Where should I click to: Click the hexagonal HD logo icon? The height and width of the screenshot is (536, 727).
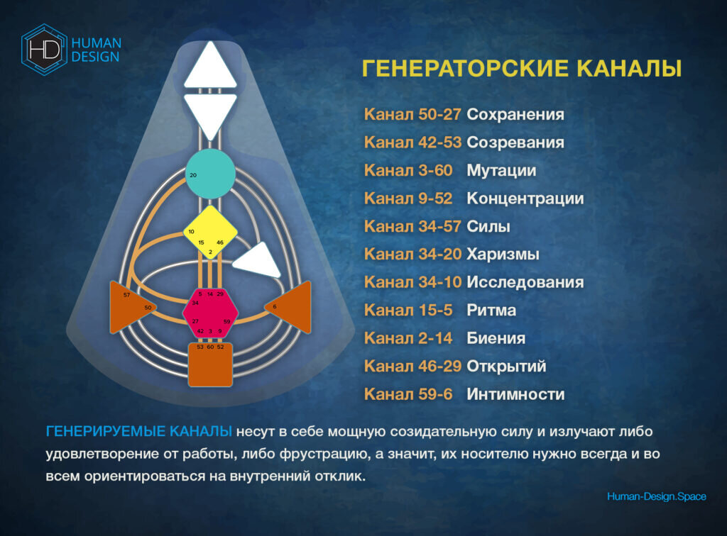pos(44,50)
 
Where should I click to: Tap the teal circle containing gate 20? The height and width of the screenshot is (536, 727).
pos(210,174)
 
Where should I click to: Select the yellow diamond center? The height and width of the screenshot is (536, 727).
pos(210,232)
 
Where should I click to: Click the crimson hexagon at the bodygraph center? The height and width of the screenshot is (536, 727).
pos(210,313)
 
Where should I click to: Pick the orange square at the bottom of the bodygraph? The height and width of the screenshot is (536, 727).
pos(210,364)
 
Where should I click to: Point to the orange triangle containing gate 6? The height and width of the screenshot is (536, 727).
pos(292,307)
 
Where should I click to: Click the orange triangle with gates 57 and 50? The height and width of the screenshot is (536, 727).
pos(129,307)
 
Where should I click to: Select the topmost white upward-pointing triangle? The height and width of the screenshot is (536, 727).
pos(210,66)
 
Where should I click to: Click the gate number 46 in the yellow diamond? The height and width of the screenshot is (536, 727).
pos(220,242)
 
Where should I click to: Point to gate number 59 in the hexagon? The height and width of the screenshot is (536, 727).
pos(226,322)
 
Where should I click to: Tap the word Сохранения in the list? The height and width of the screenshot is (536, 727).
pos(515,114)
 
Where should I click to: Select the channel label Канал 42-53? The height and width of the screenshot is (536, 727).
pos(412,143)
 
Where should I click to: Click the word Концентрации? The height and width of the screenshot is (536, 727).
pos(525,199)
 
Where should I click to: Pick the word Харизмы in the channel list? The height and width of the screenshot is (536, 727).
pos(503,254)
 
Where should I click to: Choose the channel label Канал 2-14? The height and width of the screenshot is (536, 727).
pos(408,338)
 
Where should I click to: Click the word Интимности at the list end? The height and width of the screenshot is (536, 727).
pos(515,394)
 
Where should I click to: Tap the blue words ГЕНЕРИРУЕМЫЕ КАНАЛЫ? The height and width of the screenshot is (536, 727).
pos(138,431)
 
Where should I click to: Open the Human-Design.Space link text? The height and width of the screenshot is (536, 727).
pos(657,497)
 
